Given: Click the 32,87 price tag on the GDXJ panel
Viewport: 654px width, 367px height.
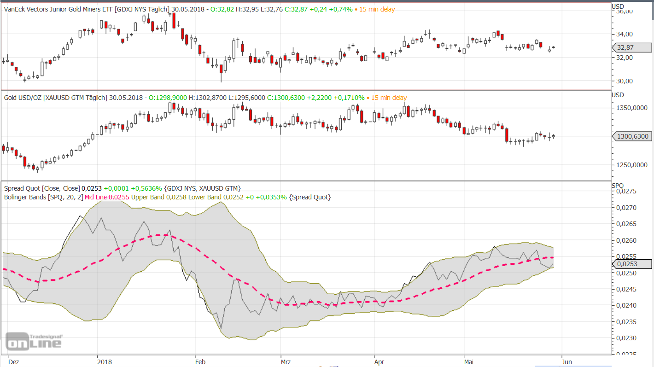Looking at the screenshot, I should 632,47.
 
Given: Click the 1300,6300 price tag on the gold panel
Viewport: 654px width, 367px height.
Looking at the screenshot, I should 632,136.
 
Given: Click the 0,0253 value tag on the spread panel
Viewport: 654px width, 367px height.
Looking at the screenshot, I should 632,264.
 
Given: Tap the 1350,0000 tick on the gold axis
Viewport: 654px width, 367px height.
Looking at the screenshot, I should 632,108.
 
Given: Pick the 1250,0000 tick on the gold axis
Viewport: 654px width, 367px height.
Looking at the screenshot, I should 632,165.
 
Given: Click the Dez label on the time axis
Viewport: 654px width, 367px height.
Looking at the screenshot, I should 13,362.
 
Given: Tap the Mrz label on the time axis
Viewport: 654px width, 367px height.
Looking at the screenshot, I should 286,362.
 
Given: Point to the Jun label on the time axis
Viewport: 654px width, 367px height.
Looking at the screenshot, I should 566,362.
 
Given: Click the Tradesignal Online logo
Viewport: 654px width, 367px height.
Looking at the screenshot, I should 34,341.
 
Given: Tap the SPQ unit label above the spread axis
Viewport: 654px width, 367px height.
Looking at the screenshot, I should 618,185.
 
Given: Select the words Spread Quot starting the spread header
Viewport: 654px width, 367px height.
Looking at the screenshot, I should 22,188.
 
